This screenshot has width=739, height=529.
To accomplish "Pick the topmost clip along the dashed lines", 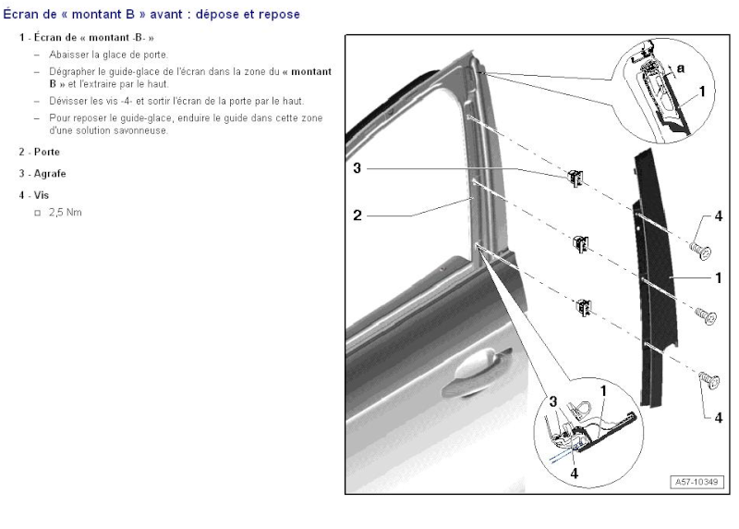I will pyautogui.click(x=575, y=178).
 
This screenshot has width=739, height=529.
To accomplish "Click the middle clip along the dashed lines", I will pyautogui.click(x=582, y=243).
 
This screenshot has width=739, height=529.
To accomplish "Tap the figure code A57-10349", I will pyautogui.click(x=697, y=482).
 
